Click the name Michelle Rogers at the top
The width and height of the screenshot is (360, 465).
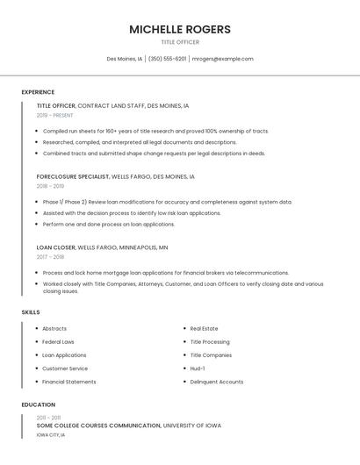click(x=180, y=29)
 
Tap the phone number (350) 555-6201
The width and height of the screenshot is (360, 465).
click(x=167, y=59)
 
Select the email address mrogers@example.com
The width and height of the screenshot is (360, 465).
click(x=222, y=59)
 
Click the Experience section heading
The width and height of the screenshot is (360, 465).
click(x=38, y=92)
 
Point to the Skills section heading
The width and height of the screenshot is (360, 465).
click(x=31, y=312)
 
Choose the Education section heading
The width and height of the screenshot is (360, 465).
click(x=38, y=404)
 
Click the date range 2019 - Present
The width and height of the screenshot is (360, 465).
click(x=55, y=115)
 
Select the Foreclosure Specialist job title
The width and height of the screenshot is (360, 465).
click(x=73, y=176)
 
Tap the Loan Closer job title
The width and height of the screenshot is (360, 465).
click(x=56, y=247)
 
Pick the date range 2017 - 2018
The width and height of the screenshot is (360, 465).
click(x=50, y=257)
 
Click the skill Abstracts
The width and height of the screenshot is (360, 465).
click(x=54, y=329)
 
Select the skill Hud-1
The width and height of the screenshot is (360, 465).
click(x=198, y=368)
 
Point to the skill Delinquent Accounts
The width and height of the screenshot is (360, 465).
click(x=217, y=382)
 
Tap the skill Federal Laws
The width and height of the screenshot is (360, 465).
click(x=58, y=342)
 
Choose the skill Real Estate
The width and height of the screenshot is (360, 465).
click(x=204, y=329)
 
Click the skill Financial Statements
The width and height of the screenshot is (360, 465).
click(x=69, y=382)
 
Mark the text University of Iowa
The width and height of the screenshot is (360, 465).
click(x=192, y=426)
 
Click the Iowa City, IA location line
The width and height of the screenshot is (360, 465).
click(x=51, y=435)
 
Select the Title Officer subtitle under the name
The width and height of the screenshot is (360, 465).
click(x=180, y=42)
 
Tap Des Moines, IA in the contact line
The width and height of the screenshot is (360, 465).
click(x=124, y=59)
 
